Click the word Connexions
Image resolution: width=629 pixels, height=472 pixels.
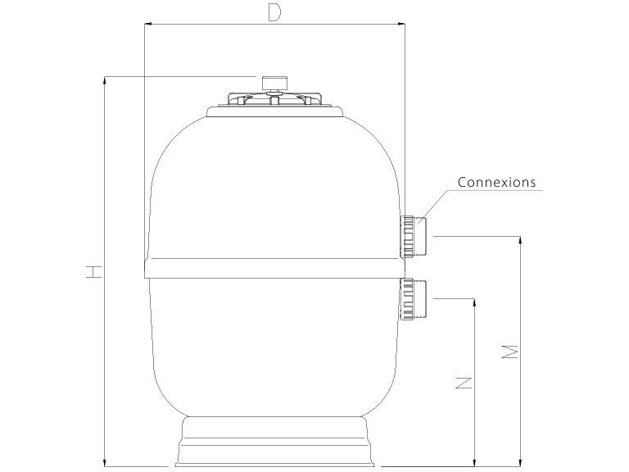click(x=496, y=182)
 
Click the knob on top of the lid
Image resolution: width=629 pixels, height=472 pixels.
click(x=273, y=82)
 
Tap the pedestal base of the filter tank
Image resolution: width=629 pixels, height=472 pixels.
click(x=274, y=442)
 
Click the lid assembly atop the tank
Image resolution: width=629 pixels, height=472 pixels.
click(x=274, y=103)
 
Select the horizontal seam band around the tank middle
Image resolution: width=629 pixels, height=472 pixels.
click(x=274, y=269)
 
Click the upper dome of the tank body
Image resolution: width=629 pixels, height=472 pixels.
click(x=274, y=180)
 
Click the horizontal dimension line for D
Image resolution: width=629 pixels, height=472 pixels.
click(x=344, y=25)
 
